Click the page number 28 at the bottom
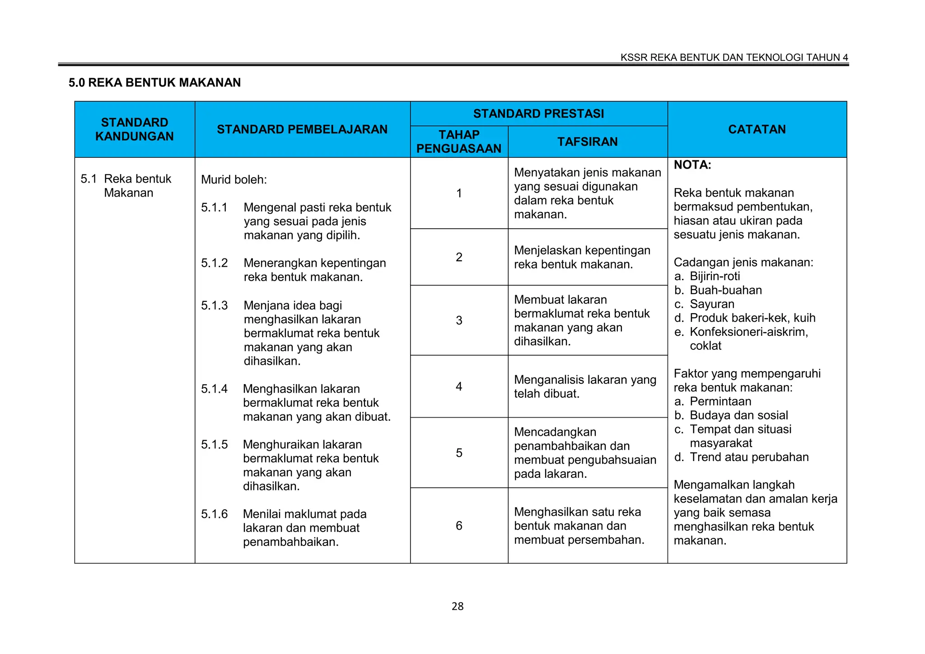click(457, 606)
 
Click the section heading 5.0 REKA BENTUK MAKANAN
click(154, 83)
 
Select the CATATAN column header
click(757, 129)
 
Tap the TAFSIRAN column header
click(587, 141)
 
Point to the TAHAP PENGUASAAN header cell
click(458, 141)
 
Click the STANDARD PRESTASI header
click(538, 113)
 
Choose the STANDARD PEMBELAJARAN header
click(302, 129)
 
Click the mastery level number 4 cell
click(459, 386)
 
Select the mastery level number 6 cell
click(459, 526)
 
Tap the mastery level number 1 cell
click(459, 193)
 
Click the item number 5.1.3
click(215, 306)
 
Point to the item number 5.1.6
click(215, 514)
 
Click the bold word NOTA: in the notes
click(692, 165)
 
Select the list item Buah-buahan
click(725, 290)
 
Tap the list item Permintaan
click(720, 401)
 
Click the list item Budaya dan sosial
click(738, 415)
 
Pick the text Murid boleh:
click(234, 180)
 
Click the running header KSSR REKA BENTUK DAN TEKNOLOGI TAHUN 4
click(734, 57)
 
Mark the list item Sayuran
click(712, 304)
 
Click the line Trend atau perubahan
click(749, 457)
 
